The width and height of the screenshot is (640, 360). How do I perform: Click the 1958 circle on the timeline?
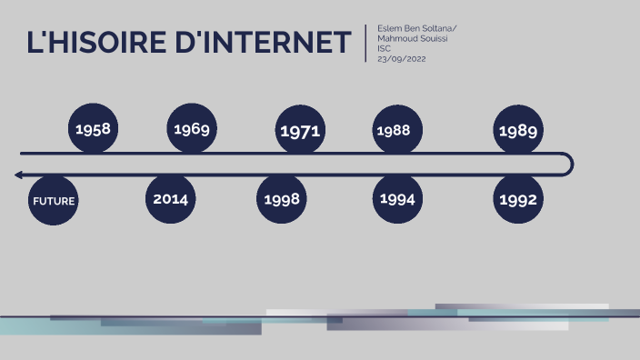pyautogui.click(x=94, y=129)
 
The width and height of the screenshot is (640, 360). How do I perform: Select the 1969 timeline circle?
pyautogui.click(x=192, y=129)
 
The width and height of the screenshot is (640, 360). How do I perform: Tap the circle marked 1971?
pyautogui.click(x=300, y=131)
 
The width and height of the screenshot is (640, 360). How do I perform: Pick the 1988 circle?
pyautogui.click(x=394, y=130)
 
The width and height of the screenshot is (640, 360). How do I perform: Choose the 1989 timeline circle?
pyautogui.click(x=518, y=131)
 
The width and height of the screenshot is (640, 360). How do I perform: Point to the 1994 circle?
pyautogui.click(x=397, y=199)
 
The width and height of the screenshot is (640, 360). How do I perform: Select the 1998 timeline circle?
pyautogui.click(x=283, y=199)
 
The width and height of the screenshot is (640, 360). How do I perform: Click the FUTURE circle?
pyautogui.click(x=54, y=201)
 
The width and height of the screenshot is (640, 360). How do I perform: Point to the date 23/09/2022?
pyautogui.click(x=402, y=59)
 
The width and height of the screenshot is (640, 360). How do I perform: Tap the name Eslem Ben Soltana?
pyautogui.click(x=415, y=29)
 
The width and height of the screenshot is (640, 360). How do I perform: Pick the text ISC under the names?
pyautogui.click(x=384, y=49)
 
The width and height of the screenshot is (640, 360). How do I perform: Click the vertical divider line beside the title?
pyautogui.click(x=365, y=43)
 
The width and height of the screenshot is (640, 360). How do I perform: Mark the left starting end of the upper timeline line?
pyautogui.click(x=22, y=154)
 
